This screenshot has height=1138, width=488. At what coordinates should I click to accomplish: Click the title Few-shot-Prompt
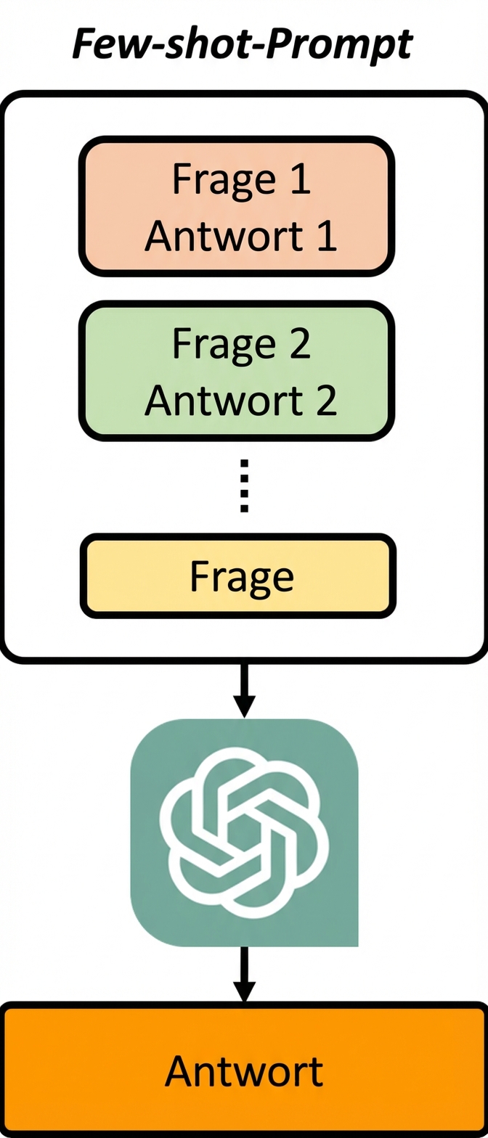[243, 44]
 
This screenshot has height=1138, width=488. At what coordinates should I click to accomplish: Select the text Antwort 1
[240, 236]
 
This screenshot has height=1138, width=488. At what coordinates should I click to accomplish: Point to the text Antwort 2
[240, 400]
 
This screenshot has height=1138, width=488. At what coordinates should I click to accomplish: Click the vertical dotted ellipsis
[244, 486]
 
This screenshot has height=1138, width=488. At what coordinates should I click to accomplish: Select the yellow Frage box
[238, 576]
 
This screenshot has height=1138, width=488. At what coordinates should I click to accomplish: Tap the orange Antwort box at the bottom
[244, 1071]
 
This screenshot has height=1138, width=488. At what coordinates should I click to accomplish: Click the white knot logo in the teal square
[244, 832]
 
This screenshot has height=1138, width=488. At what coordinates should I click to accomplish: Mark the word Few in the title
[105, 44]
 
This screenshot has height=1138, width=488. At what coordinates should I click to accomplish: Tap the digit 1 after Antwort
[326, 236]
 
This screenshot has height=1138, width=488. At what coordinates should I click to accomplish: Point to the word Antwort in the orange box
[244, 1071]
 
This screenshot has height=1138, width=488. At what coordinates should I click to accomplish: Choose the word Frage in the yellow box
[241, 577]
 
